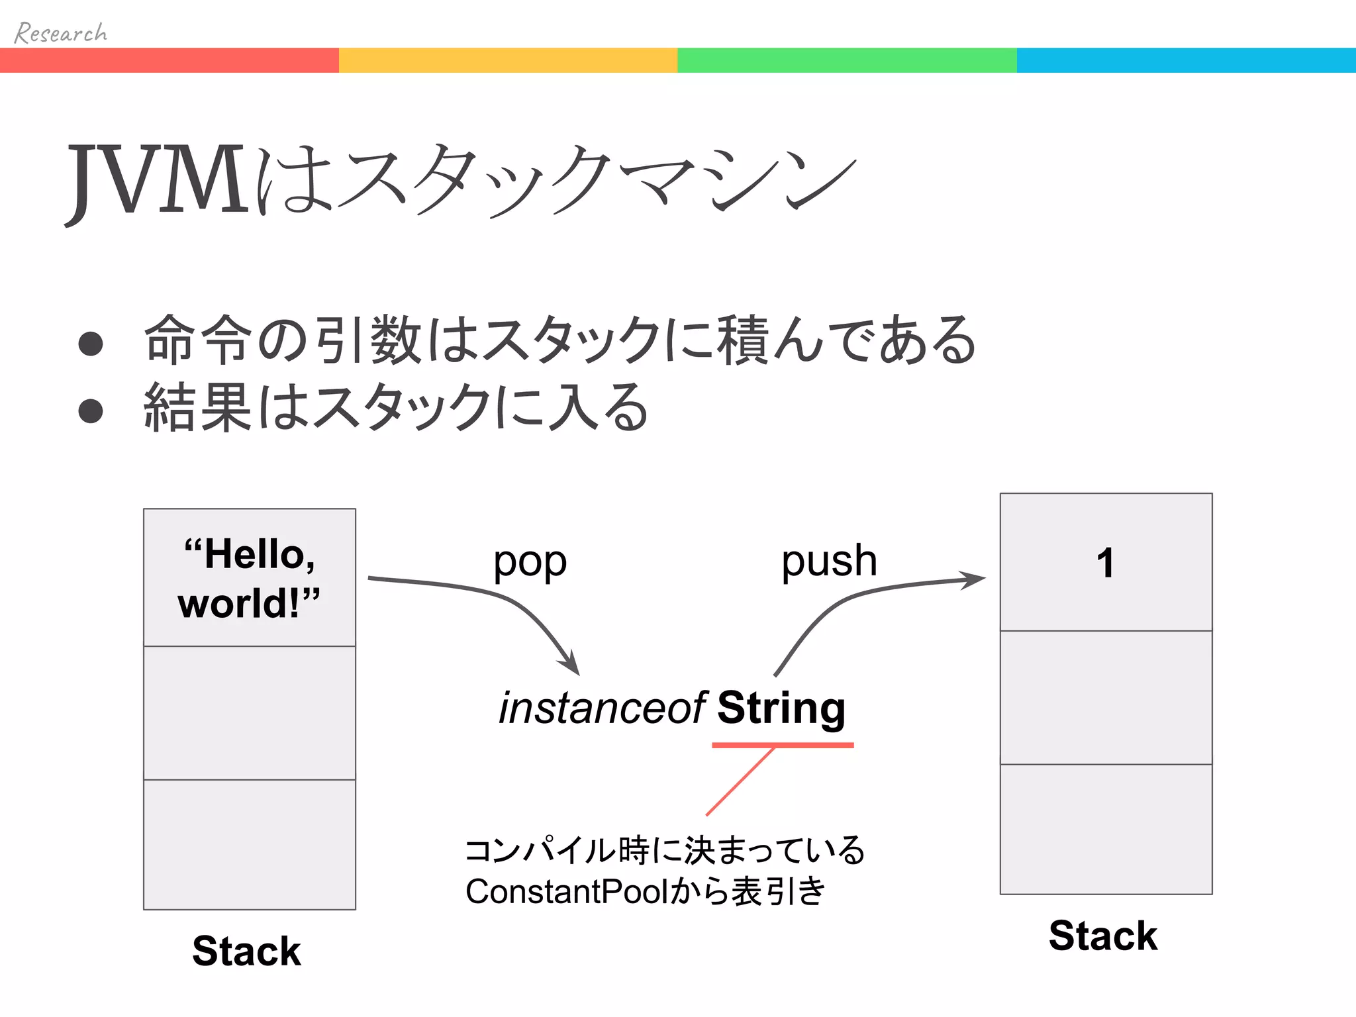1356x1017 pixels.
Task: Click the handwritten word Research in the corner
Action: [60, 32]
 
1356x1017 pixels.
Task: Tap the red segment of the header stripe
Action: [169, 60]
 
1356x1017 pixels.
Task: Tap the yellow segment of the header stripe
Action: [508, 60]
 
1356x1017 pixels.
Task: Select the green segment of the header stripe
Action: [847, 60]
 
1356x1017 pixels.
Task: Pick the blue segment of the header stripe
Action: [1186, 60]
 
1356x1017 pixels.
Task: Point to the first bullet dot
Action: [91, 344]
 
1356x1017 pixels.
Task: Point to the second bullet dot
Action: [91, 411]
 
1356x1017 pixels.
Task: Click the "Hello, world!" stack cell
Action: [249, 577]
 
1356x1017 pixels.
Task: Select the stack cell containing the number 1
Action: [1106, 563]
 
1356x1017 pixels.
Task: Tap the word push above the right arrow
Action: [829, 561]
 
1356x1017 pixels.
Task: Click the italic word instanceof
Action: [602, 708]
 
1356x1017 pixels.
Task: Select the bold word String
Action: [781, 708]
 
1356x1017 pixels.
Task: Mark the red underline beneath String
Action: [783, 746]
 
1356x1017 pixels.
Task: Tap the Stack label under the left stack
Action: [246, 951]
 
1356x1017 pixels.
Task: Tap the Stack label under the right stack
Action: [1103, 936]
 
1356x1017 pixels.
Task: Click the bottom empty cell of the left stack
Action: [249, 844]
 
